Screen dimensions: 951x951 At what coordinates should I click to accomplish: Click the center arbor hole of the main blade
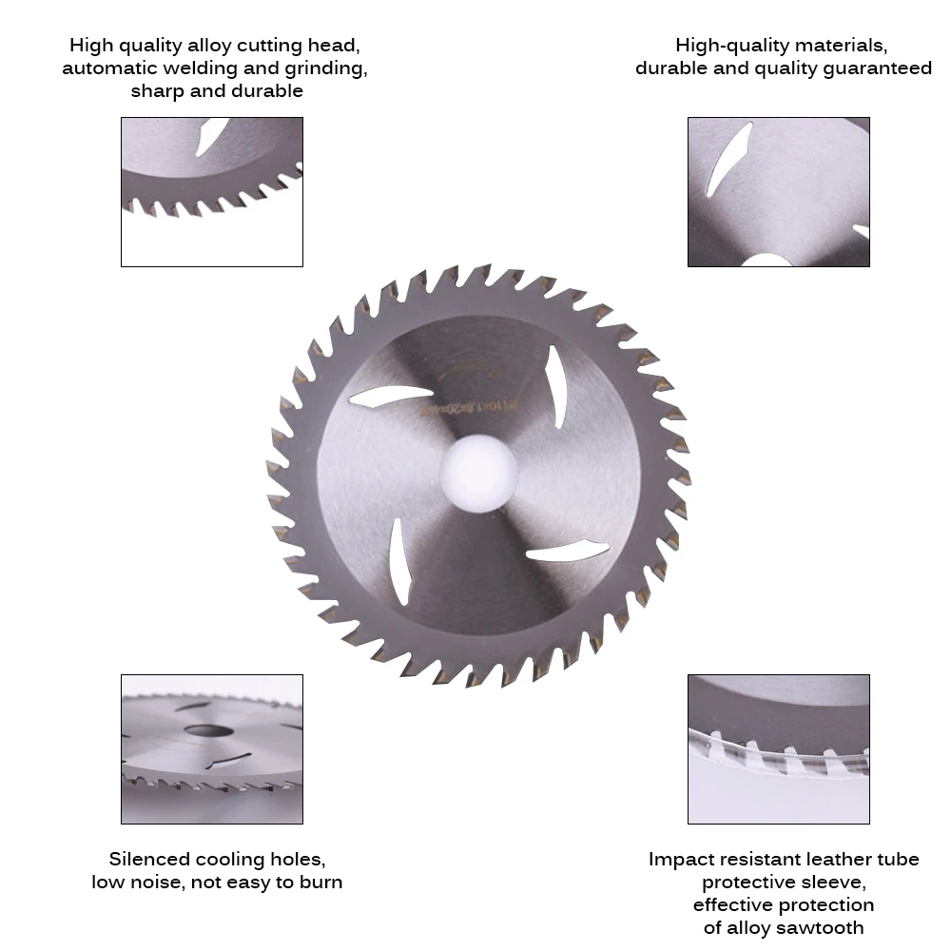pyautogui.click(x=478, y=474)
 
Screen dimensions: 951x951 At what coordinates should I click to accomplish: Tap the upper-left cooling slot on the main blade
pyautogui.click(x=391, y=396)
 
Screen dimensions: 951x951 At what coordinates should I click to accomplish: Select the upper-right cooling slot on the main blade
pyautogui.click(x=556, y=386)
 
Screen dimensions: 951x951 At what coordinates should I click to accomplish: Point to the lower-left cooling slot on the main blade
pyautogui.click(x=399, y=562)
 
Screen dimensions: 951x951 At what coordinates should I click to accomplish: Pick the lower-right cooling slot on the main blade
pyautogui.click(x=568, y=551)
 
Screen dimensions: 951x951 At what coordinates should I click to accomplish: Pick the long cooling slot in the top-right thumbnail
pyautogui.click(x=730, y=159)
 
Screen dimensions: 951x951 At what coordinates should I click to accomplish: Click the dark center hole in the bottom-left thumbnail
pyautogui.click(x=208, y=730)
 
